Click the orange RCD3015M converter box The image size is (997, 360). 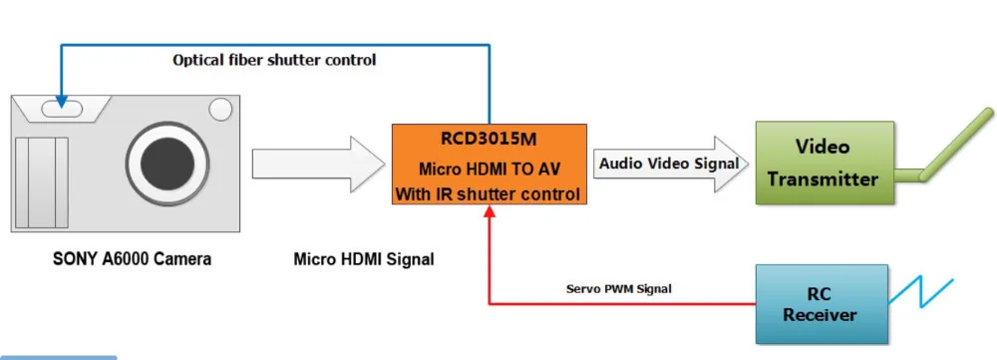[489, 165]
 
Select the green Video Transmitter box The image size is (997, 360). [825, 163]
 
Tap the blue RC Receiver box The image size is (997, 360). [822, 304]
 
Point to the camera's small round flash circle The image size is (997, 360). [220, 108]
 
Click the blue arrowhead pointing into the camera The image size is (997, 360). [61, 102]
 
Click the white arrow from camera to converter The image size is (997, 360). [319, 165]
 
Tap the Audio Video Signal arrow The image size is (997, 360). [670, 165]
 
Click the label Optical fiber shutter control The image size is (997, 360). [274, 61]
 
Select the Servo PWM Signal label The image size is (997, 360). [619, 289]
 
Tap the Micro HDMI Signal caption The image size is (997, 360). [364, 259]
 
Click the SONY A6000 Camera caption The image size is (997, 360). [133, 259]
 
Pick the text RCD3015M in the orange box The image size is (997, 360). [489, 138]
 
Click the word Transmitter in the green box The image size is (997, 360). [823, 179]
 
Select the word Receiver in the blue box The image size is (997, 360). [820, 314]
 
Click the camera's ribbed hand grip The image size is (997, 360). [41, 182]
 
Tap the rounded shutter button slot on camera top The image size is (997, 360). [62, 109]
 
